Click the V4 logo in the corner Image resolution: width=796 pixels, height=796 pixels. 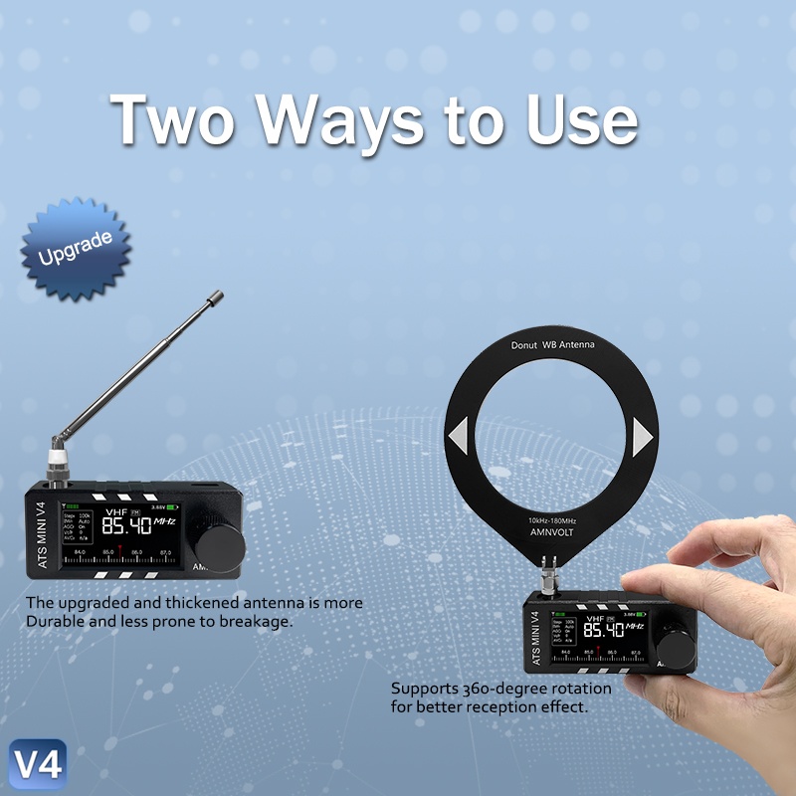point(37,764)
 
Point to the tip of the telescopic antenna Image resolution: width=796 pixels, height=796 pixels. point(216,296)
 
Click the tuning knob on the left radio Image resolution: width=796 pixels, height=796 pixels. point(219,544)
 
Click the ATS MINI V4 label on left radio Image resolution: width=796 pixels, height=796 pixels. point(42,531)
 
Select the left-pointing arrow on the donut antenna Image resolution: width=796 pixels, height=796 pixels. point(458,436)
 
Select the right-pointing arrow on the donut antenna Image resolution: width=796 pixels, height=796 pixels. point(642,436)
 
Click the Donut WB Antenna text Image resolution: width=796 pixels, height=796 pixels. point(552,345)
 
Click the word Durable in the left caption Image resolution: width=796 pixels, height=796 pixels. point(58,620)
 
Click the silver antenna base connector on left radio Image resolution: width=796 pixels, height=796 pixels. point(57,463)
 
